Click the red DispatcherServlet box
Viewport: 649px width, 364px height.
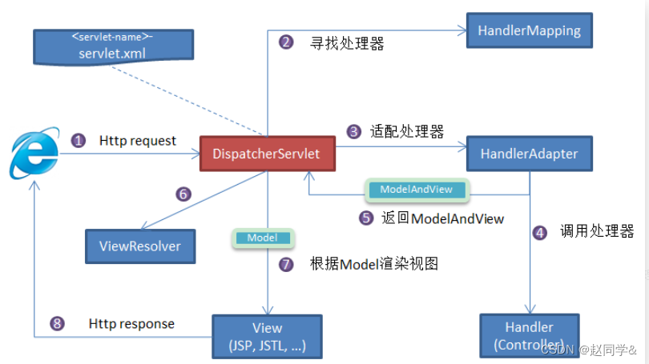(267, 152)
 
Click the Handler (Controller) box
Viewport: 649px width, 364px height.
(529, 335)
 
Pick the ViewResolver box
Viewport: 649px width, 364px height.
(140, 246)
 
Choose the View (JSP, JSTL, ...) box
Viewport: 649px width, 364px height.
(267, 336)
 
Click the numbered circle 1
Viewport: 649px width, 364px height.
(79, 141)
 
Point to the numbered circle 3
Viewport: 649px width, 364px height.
(353, 131)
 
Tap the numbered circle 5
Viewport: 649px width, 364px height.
(366, 217)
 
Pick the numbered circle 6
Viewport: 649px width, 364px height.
(183, 194)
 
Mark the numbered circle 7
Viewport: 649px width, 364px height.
(286, 264)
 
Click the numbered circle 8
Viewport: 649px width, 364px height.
(56, 324)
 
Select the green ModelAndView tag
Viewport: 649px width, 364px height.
(417, 190)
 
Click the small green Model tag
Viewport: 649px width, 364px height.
(263, 238)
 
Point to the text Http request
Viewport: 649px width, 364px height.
(138, 141)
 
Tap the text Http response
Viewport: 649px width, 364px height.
(131, 324)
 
